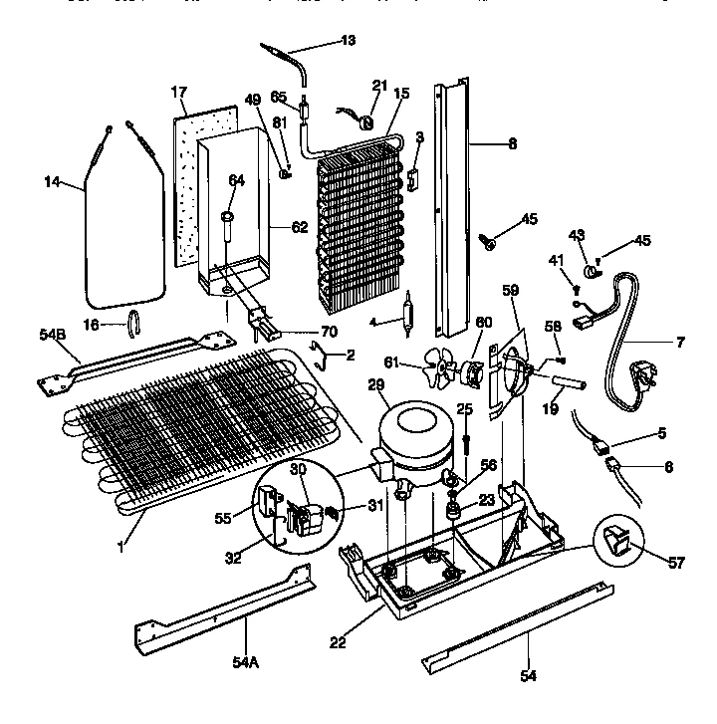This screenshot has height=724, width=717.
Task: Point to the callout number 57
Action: [677, 564]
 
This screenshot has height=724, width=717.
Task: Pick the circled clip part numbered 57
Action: [616, 544]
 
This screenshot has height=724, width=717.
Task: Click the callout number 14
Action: [53, 181]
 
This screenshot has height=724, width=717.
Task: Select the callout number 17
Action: [179, 92]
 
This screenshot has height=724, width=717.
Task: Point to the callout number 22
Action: [340, 642]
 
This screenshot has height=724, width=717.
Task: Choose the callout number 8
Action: [512, 143]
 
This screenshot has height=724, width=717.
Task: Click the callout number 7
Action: [679, 344]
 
